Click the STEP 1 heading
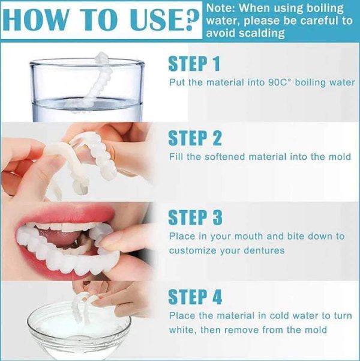[194, 64]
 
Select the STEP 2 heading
[195, 138]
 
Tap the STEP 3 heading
[195, 217]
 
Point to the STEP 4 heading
[195, 297]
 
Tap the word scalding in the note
[262, 34]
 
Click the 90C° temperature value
[280, 82]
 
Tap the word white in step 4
[182, 330]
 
